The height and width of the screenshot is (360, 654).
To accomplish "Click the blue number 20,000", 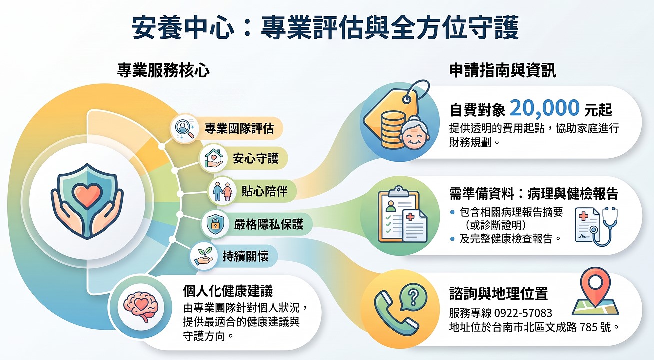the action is coord(545,108).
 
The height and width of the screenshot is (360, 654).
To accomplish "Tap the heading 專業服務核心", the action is coord(163,70).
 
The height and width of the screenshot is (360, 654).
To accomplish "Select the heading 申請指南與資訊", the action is coord(502,70).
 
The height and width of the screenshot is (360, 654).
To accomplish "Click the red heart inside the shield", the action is coord(87,195).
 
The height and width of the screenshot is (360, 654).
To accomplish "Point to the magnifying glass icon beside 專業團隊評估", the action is coord(184,128).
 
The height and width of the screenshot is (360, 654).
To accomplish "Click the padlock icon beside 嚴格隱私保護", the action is coord(215,224).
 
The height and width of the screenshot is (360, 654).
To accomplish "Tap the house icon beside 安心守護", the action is coord(213,158).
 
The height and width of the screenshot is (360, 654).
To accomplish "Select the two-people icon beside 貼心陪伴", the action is coord(222,191).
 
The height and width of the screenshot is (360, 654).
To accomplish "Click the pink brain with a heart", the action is coord(141,307).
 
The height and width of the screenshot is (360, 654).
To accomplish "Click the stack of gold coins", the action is coord(393,128).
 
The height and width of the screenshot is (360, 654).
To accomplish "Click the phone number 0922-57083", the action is coord(523,313).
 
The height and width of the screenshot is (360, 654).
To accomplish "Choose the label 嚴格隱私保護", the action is coord(269,224).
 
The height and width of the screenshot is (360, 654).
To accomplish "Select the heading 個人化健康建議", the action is coord(228,291).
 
